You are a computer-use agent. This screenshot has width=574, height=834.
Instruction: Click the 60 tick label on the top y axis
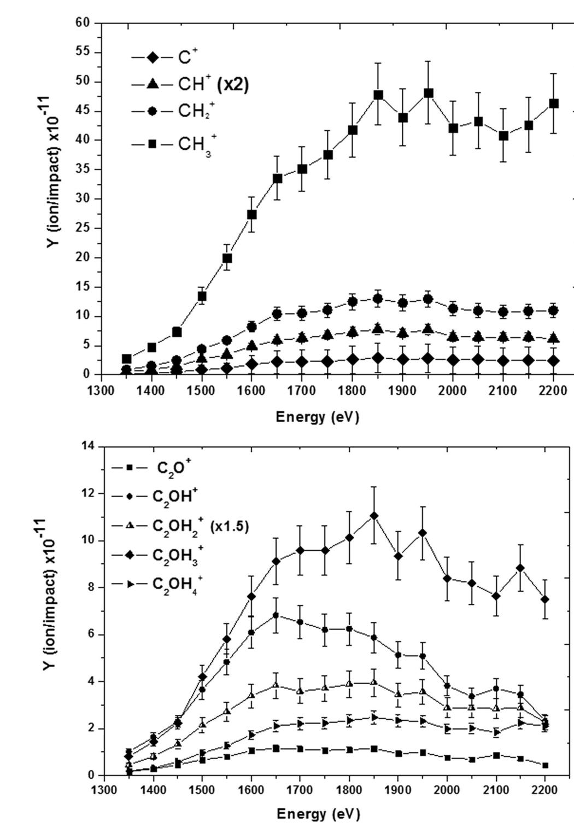(83, 23)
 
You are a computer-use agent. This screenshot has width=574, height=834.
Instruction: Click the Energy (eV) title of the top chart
(317, 417)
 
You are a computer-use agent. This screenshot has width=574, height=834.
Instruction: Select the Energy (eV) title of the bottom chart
(318, 814)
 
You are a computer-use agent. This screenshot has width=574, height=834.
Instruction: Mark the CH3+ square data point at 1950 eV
(429, 94)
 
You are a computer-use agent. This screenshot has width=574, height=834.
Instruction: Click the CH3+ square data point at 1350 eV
(127, 359)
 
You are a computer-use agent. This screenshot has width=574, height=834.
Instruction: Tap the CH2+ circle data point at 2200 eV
(553, 311)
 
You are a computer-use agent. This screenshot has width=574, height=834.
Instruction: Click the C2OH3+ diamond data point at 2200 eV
(545, 599)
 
